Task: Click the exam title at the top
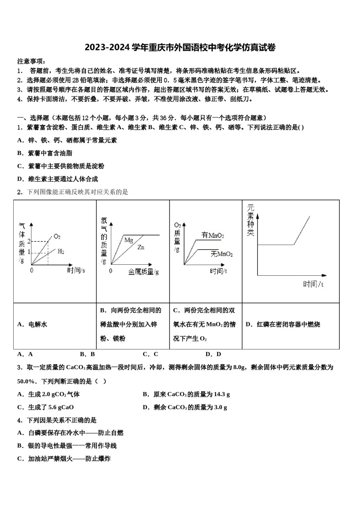180,48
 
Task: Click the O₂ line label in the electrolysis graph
57,237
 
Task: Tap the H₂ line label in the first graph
61,251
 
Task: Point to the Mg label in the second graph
128,240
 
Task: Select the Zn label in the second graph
141,247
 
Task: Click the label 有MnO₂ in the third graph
213,236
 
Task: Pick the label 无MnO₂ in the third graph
222,254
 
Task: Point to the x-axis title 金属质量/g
143,272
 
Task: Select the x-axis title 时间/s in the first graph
76,270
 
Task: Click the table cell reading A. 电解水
32,325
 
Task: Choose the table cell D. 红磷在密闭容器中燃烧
283,325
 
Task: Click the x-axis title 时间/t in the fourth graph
313,284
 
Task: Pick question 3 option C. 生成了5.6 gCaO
45,407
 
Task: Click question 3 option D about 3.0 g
185,407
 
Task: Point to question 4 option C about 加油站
64,459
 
